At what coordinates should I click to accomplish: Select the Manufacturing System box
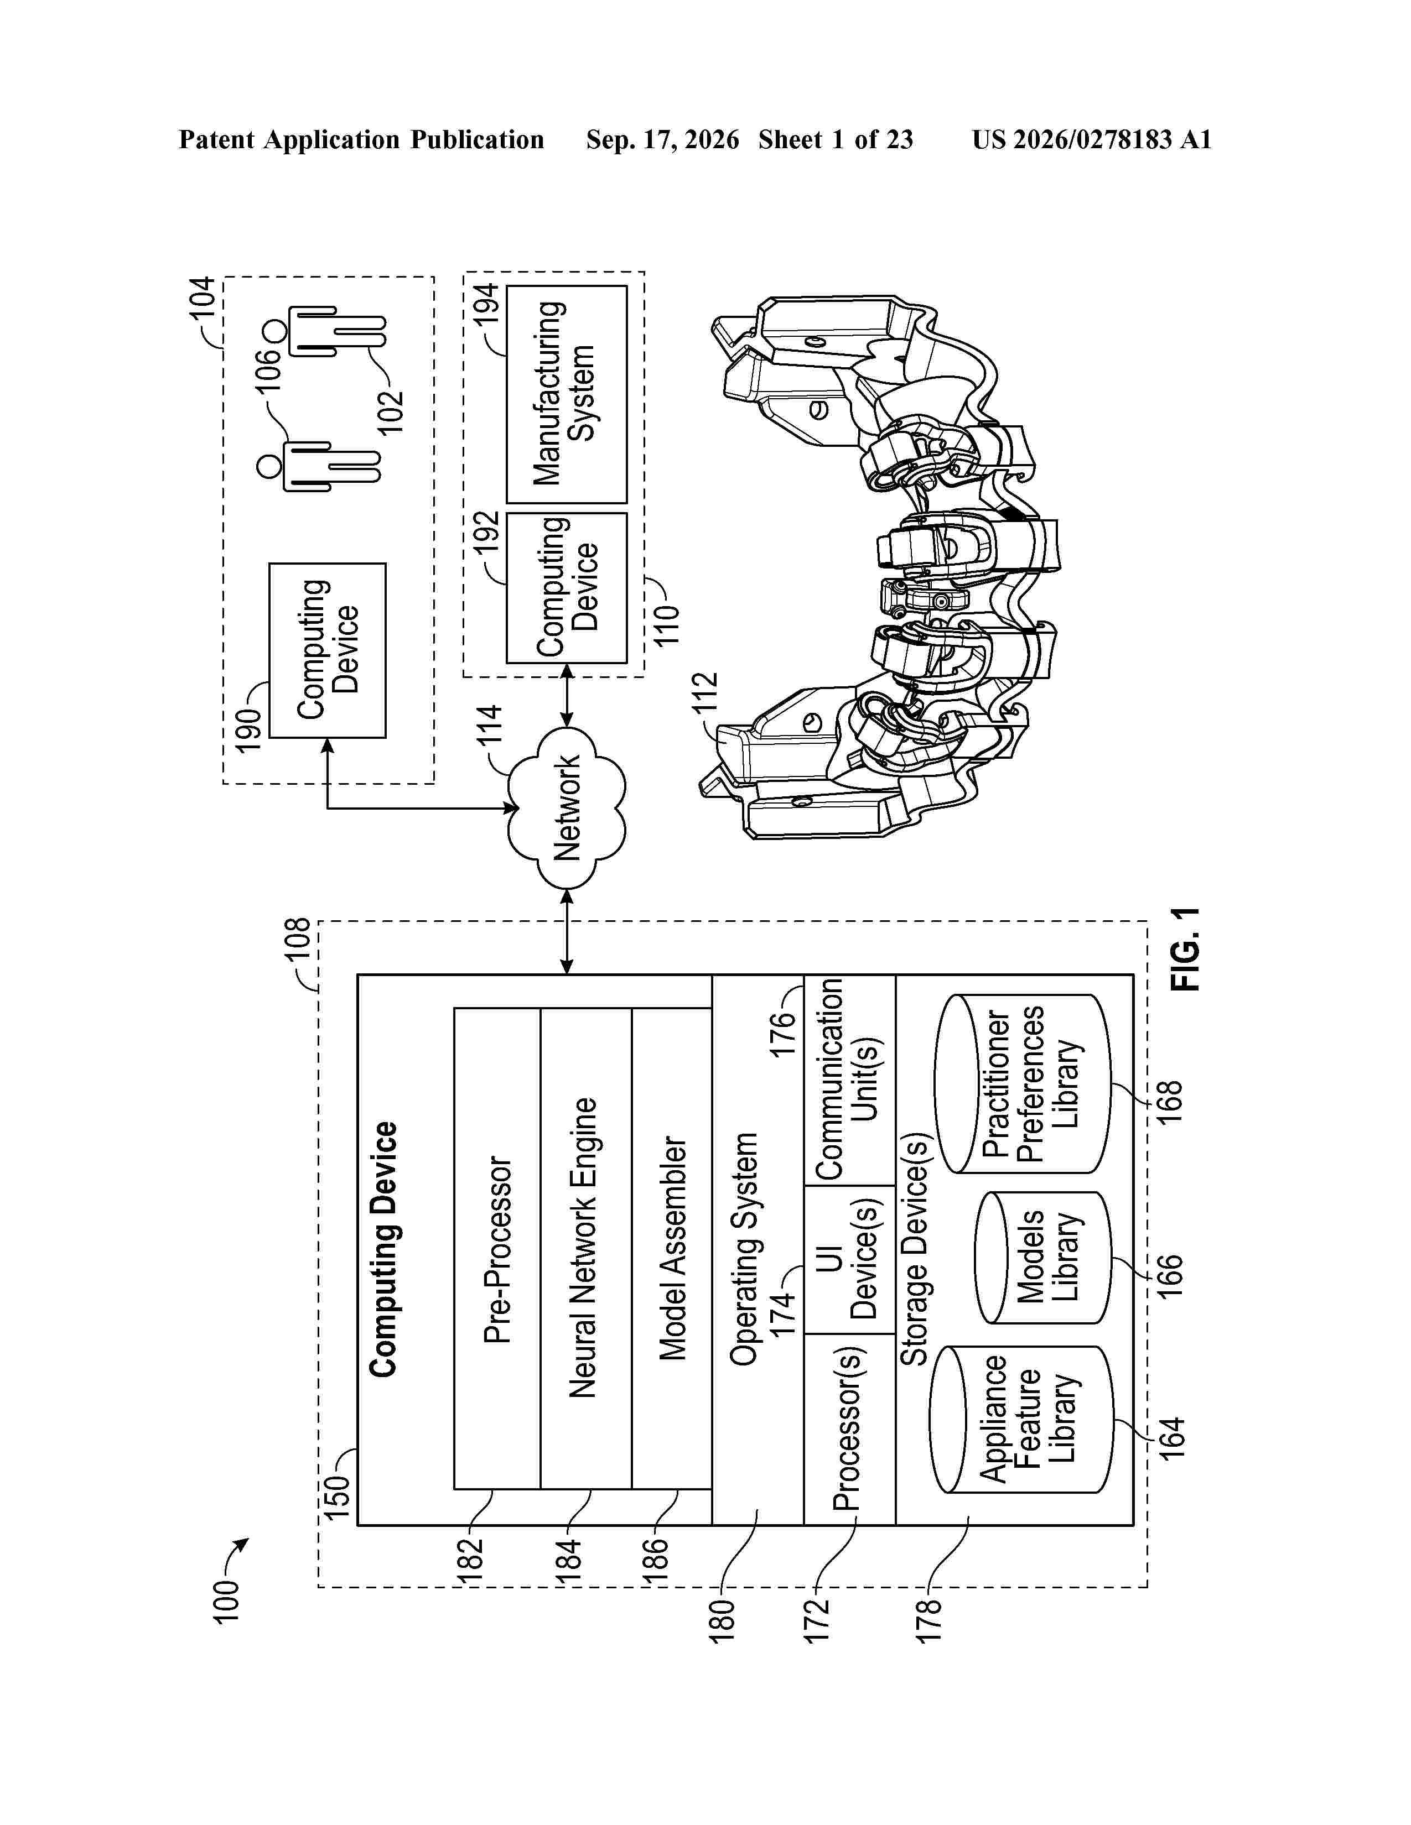[567, 394]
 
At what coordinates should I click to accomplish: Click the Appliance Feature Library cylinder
[1021, 1419]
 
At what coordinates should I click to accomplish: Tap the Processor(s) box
[849, 1429]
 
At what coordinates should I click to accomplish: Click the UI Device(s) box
[849, 1259]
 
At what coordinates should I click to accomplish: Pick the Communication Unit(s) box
[849, 1080]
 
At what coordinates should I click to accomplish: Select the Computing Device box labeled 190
[328, 650]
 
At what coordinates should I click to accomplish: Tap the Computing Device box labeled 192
[567, 587]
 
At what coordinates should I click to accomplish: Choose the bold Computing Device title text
[383, 1249]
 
